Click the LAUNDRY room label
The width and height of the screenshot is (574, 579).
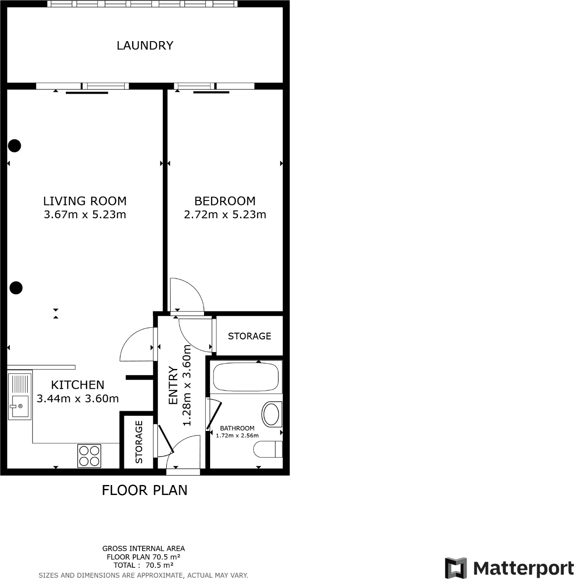pos(145,45)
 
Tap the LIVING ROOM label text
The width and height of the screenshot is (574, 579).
pos(85,201)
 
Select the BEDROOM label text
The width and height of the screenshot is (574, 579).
pos(225,201)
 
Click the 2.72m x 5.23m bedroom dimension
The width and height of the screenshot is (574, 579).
pos(225,214)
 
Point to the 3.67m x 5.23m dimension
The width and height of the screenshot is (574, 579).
pos(85,214)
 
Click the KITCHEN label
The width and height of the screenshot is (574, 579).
pos(78,385)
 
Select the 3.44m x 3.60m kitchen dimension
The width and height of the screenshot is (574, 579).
pos(78,399)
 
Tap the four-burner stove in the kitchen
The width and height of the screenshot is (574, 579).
pos(89,456)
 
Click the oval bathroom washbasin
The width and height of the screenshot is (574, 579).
pos(272,414)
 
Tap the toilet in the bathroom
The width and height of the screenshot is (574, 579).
pos(267,449)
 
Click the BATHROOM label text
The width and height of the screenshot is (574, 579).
pos(237,428)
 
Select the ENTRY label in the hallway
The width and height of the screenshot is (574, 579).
pos(173,385)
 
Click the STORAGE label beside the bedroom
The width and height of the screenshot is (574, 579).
pos(250,336)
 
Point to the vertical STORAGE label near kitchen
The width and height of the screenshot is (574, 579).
pos(139,442)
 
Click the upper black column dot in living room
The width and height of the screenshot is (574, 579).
pos(15,146)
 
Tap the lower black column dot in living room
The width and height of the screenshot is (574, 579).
pos(16,288)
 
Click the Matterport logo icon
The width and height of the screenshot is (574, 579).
pos(456,568)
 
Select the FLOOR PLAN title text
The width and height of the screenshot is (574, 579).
pos(144,490)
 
